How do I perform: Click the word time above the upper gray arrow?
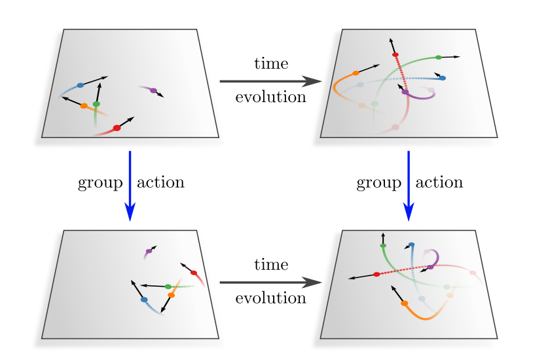tap(271, 63)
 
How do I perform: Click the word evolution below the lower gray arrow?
tap(271, 298)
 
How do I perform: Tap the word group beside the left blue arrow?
tap(100, 183)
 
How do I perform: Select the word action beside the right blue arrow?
tap(439, 182)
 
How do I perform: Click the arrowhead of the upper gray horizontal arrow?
tap(312, 81)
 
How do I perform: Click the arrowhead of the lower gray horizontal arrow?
tap(312, 282)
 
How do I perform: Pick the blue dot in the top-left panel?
tap(81, 85)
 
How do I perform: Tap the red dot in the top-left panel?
tap(117, 128)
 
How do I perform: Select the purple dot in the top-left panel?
tap(153, 90)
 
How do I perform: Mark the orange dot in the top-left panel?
tap(84, 106)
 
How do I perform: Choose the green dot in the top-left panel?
tap(96, 104)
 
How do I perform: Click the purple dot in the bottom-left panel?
tap(149, 251)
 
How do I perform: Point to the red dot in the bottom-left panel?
tap(194, 273)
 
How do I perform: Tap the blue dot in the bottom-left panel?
tap(144, 300)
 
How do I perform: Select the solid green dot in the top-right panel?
tap(439, 58)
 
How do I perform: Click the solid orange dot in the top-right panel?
tap(356, 73)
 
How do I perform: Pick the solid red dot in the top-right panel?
tap(395, 55)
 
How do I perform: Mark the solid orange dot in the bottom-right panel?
tap(405, 303)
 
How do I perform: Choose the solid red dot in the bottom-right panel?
tap(376, 274)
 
